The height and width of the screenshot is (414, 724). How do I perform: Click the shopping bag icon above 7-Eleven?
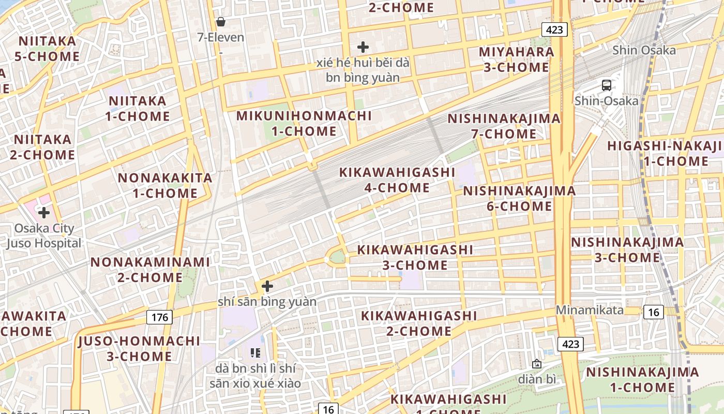(x=221, y=22)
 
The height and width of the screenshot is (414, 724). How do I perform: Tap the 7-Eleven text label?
(x=221, y=37)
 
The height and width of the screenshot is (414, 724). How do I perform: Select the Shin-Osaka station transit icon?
(x=607, y=85)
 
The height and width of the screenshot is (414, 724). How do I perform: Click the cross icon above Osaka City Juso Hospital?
(x=44, y=212)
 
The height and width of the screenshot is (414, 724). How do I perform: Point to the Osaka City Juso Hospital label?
(x=44, y=235)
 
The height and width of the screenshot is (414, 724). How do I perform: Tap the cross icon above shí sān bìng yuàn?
(x=267, y=286)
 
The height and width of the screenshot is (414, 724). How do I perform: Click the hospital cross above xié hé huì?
(x=363, y=47)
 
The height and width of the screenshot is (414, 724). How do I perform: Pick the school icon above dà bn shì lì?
(x=255, y=353)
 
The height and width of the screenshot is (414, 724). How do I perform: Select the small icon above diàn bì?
(x=537, y=364)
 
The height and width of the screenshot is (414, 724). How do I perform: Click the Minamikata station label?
(x=590, y=310)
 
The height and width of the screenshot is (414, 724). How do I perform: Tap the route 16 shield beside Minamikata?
(x=654, y=312)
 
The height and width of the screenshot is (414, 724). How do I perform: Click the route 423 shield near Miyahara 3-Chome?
(x=554, y=29)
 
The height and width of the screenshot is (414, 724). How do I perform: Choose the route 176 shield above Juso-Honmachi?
(x=159, y=317)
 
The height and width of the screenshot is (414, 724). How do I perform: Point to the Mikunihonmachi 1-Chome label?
(x=304, y=123)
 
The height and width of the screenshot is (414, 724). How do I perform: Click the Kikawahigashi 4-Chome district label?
(x=397, y=180)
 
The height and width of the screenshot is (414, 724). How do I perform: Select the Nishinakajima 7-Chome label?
(x=504, y=126)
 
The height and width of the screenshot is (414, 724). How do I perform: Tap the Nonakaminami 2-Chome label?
(x=150, y=270)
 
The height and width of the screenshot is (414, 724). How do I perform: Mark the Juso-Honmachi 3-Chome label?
(x=139, y=348)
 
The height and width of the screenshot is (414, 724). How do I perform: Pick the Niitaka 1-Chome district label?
(x=138, y=108)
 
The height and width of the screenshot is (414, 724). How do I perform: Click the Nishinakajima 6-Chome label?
(x=519, y=198)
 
